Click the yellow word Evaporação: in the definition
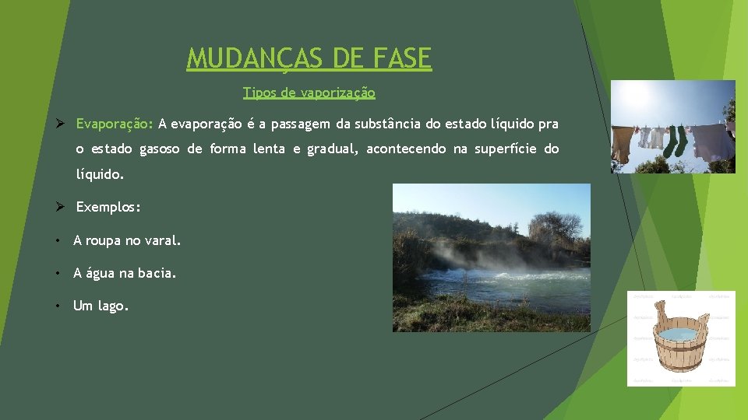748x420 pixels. coord(115,124)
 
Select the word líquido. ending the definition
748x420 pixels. coord(100,176)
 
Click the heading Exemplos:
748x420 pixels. coord(108,208)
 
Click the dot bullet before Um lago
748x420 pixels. coord(58,306)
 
